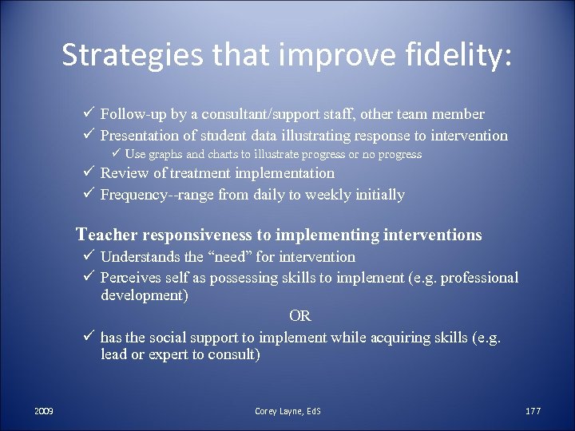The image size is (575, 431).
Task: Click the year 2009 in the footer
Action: click(x=44, y=410)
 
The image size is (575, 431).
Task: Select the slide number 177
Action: click(x=533, y=410)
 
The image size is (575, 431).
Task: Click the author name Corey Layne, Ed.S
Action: click(x=287, y=410)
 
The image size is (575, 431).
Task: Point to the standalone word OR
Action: click(x=300, y=317)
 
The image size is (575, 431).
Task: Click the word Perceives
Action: click(x=132, y=278)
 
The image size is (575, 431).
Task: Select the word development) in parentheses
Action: click(x=145, y=296)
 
